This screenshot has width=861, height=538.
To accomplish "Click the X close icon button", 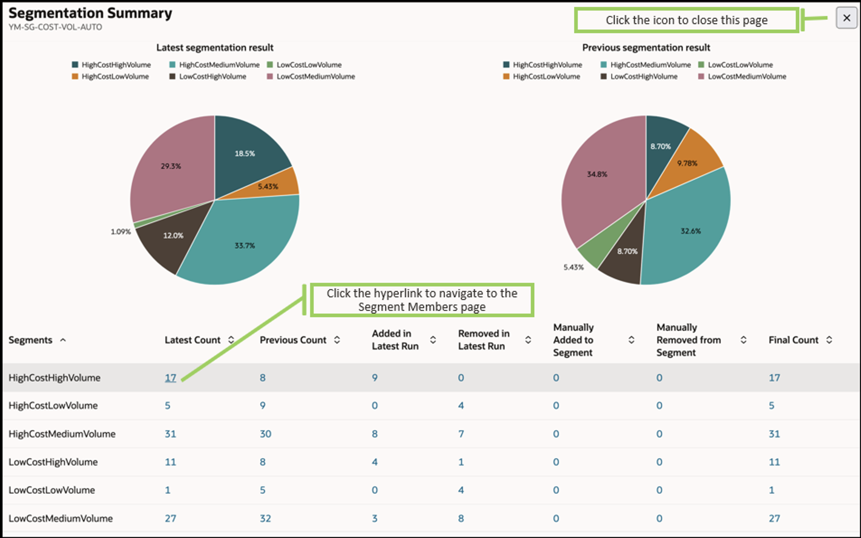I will (x=846, y=18).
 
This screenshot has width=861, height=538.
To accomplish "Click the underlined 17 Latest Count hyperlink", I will (x=170, y=377).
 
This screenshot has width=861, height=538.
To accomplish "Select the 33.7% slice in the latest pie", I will (x=244, y=245).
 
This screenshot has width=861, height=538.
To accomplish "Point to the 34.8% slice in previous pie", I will (x=597, y=174).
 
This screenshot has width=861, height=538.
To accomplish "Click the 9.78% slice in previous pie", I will (x=687, y=163).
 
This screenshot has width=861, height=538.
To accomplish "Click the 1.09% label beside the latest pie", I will (x=120, y=231).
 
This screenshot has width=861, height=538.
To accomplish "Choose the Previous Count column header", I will (x=293, y=340).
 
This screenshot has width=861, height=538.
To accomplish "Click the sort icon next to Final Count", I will (x=829, y=340).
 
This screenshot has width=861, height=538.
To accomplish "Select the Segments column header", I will (x=30, y=340).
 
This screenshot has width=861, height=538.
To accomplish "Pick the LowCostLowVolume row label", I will (x=52, y=490).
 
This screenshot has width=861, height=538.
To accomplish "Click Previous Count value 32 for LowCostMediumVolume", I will (x=265, y=518).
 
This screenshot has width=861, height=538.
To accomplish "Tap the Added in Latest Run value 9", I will (x=375, y=377).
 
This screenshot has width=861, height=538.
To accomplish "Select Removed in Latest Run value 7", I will (x=461, y=434).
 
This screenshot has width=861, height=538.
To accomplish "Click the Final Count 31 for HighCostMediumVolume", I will (x=774, y=434).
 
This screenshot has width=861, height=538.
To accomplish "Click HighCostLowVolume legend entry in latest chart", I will (x=115, y=77).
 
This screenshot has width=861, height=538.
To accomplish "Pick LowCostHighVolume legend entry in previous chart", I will (x=644, y=77).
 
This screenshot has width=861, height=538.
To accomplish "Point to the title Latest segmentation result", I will (x=215, y=47).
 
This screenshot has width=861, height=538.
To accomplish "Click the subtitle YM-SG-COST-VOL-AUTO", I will (x=55, y=27).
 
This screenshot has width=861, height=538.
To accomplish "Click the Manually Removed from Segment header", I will (x=688, y=340).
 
